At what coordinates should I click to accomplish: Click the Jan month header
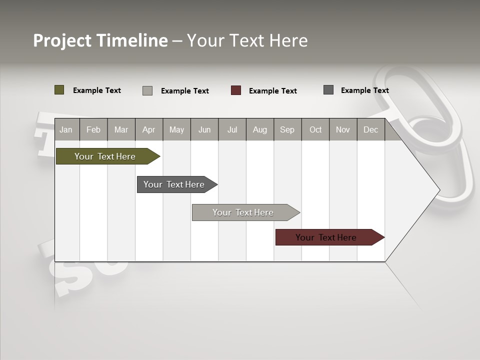tap(66, 129)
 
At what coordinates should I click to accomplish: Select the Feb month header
tap(93, 129)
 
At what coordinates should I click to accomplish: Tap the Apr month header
tap(149, 129)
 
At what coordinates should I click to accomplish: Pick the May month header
tap(176, 129)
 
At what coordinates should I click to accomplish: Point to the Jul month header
tap(232, 129)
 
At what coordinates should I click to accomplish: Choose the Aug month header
tap(260, 129)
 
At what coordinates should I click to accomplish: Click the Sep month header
tap(287, 129)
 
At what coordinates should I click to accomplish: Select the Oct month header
tap(315, 129)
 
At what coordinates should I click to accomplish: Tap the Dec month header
tap(371, 129)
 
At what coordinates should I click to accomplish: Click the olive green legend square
tap(59, 90)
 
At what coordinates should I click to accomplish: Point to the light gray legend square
tap(147, 90)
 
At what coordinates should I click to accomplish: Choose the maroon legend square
tap(236, 90)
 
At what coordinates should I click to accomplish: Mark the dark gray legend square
tap(328, 90)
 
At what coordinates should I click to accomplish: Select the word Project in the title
tap(62, 40)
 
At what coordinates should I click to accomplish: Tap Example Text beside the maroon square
tap(273, 91)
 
